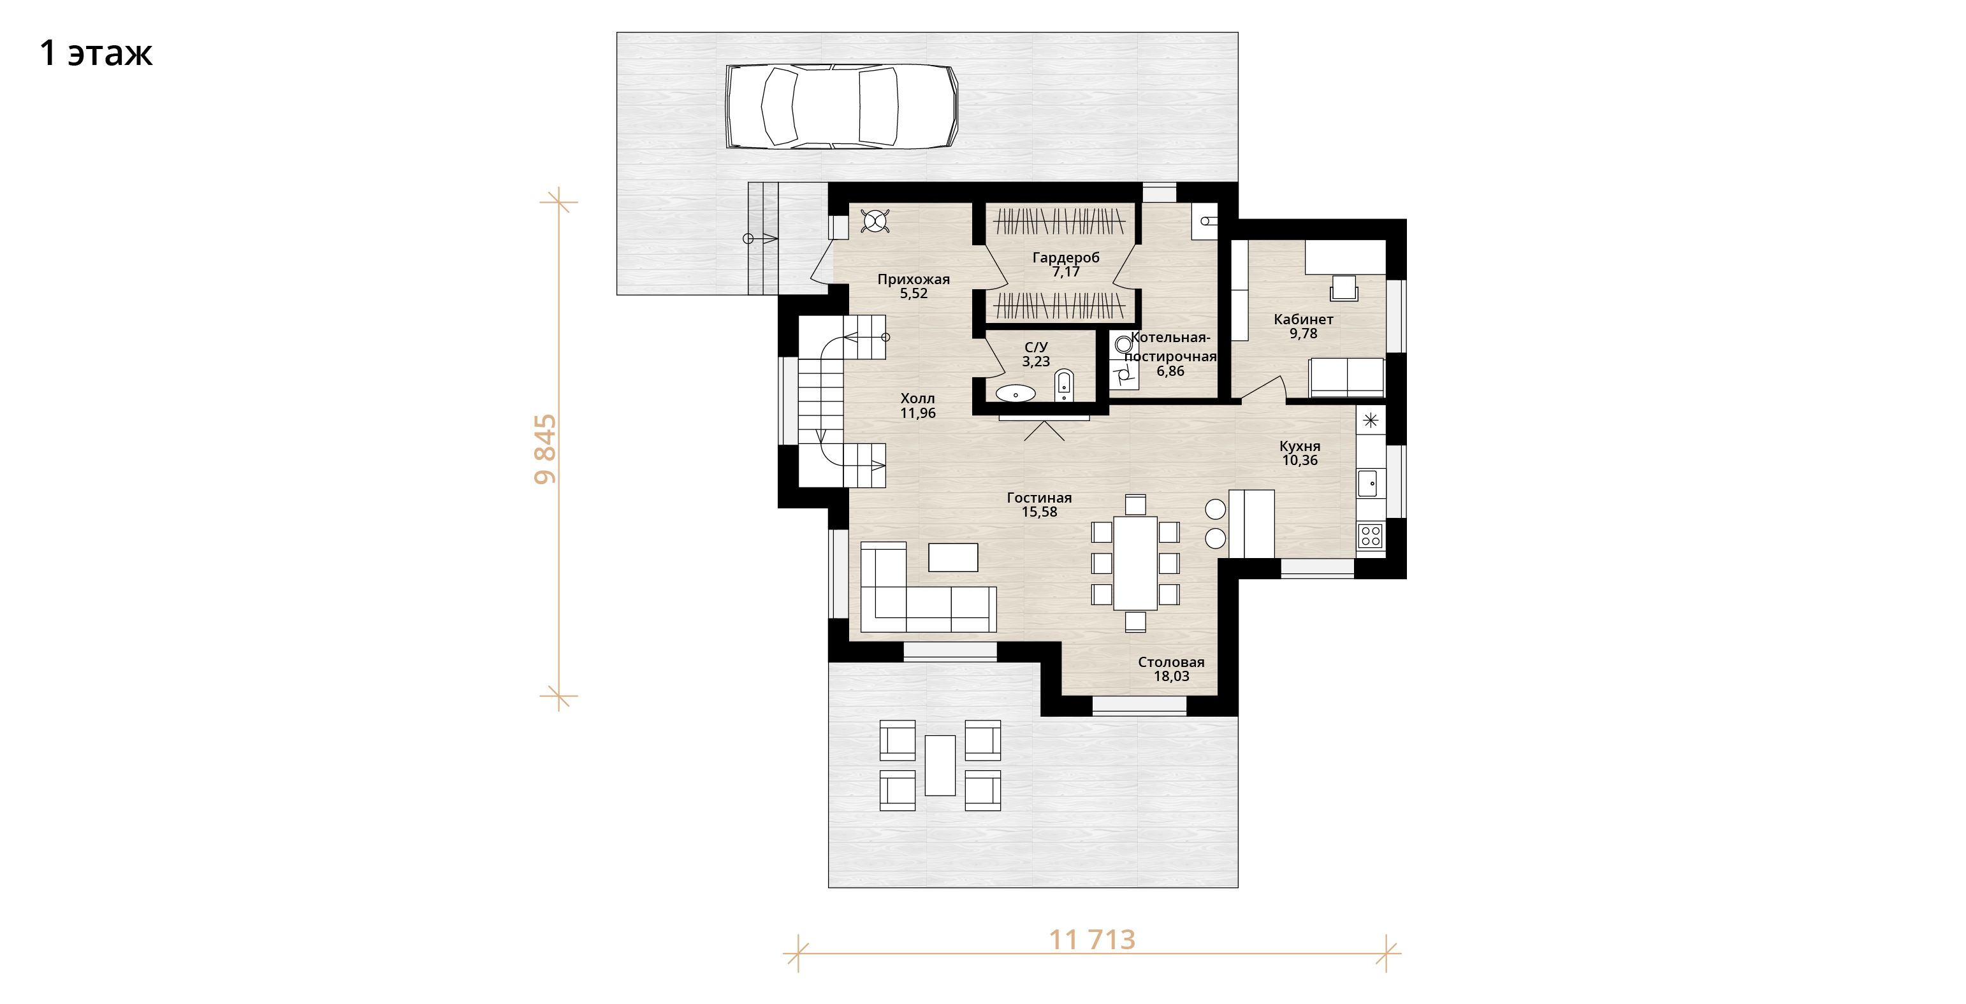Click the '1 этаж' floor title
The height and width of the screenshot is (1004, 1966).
coord(96,53)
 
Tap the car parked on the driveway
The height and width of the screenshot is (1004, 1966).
coord(841,106)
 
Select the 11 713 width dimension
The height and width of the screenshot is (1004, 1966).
coord(1092,940)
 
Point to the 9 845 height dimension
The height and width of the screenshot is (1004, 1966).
coord(545,449)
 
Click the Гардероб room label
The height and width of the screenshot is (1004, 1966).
coord(1065,258)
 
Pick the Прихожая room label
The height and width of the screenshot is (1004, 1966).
coord(914,279)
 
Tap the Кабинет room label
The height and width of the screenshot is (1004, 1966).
coord(1304,320)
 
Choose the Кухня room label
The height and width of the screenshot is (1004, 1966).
coord(1300,447)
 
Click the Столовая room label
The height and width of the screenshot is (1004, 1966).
coord(1171,662)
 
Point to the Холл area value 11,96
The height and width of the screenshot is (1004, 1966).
coord(917,413)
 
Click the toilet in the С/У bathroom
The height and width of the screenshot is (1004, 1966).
coord(1064,385)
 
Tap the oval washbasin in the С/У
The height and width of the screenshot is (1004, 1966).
coord(1015,394)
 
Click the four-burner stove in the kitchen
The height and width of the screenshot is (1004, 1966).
coord(1371,536)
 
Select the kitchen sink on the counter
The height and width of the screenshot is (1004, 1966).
coord(1367,484)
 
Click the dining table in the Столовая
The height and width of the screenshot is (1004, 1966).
coord(1135,563)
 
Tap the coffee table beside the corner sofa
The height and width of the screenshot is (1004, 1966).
coord(952,557)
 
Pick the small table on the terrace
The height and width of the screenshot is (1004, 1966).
coord(940,765)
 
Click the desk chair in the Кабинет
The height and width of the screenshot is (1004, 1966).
coord(1344,289)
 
